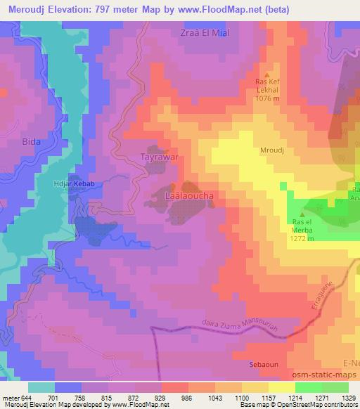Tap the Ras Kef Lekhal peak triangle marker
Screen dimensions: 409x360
click(x=266, y=74)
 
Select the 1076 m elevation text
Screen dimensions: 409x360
click(x=267, y=98)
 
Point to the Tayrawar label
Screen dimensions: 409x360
click(x=161, y=156)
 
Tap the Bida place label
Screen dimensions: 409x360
click(x=11, y=141)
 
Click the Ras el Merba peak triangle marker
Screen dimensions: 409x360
click(x=303, y=214)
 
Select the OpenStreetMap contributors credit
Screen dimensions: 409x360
click(x=319, y=405)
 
